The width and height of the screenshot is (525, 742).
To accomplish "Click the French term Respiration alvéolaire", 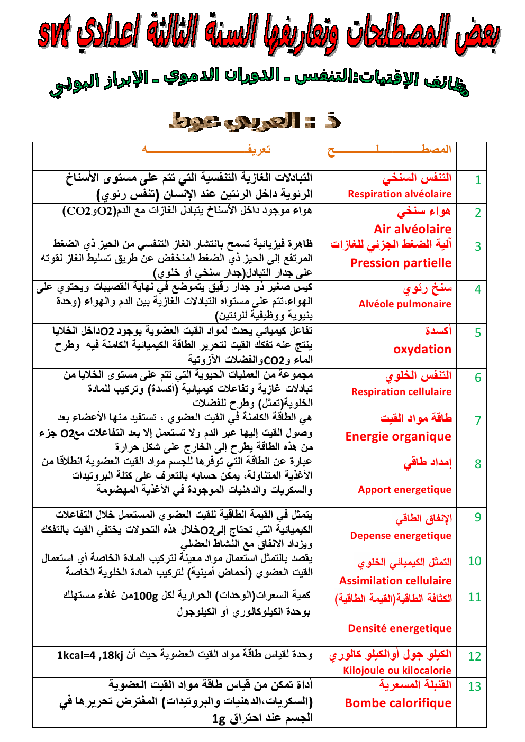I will [x=400, y=194].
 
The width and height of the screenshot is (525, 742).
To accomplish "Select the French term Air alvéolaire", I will [x=412, y=229].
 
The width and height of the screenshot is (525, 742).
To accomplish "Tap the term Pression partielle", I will [x=401, y=263].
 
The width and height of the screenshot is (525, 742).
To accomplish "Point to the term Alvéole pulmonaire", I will [x=405, y=304].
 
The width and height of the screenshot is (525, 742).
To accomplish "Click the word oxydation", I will [x=422, y=349].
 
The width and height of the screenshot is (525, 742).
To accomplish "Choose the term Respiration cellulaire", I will [x=401, y=392].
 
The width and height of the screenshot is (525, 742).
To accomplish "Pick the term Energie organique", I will [x=398, y=437].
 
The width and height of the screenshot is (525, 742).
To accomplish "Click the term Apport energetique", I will [x=404, y=490].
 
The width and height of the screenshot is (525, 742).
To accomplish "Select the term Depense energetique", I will [x=401, y=536].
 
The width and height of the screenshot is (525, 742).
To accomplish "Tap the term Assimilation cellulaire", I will [x=395, y=581].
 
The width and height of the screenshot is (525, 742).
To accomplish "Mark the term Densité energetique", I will [x=400, y=628].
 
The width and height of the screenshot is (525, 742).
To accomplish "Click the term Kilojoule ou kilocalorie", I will [x=397, y=671].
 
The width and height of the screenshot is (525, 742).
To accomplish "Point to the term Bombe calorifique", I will [x=398, y=703].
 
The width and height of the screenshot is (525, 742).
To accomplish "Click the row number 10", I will [x=474, y=562].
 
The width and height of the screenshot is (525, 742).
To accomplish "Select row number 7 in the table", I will [x=477, y=420].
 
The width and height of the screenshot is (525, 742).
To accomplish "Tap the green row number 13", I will [x=474, y=686].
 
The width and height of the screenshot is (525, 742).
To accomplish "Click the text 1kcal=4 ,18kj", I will [x=90, y=656].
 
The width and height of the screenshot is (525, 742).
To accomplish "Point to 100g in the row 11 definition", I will [x=144, y=596].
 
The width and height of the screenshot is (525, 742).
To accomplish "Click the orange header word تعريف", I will [x=259, y=150].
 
